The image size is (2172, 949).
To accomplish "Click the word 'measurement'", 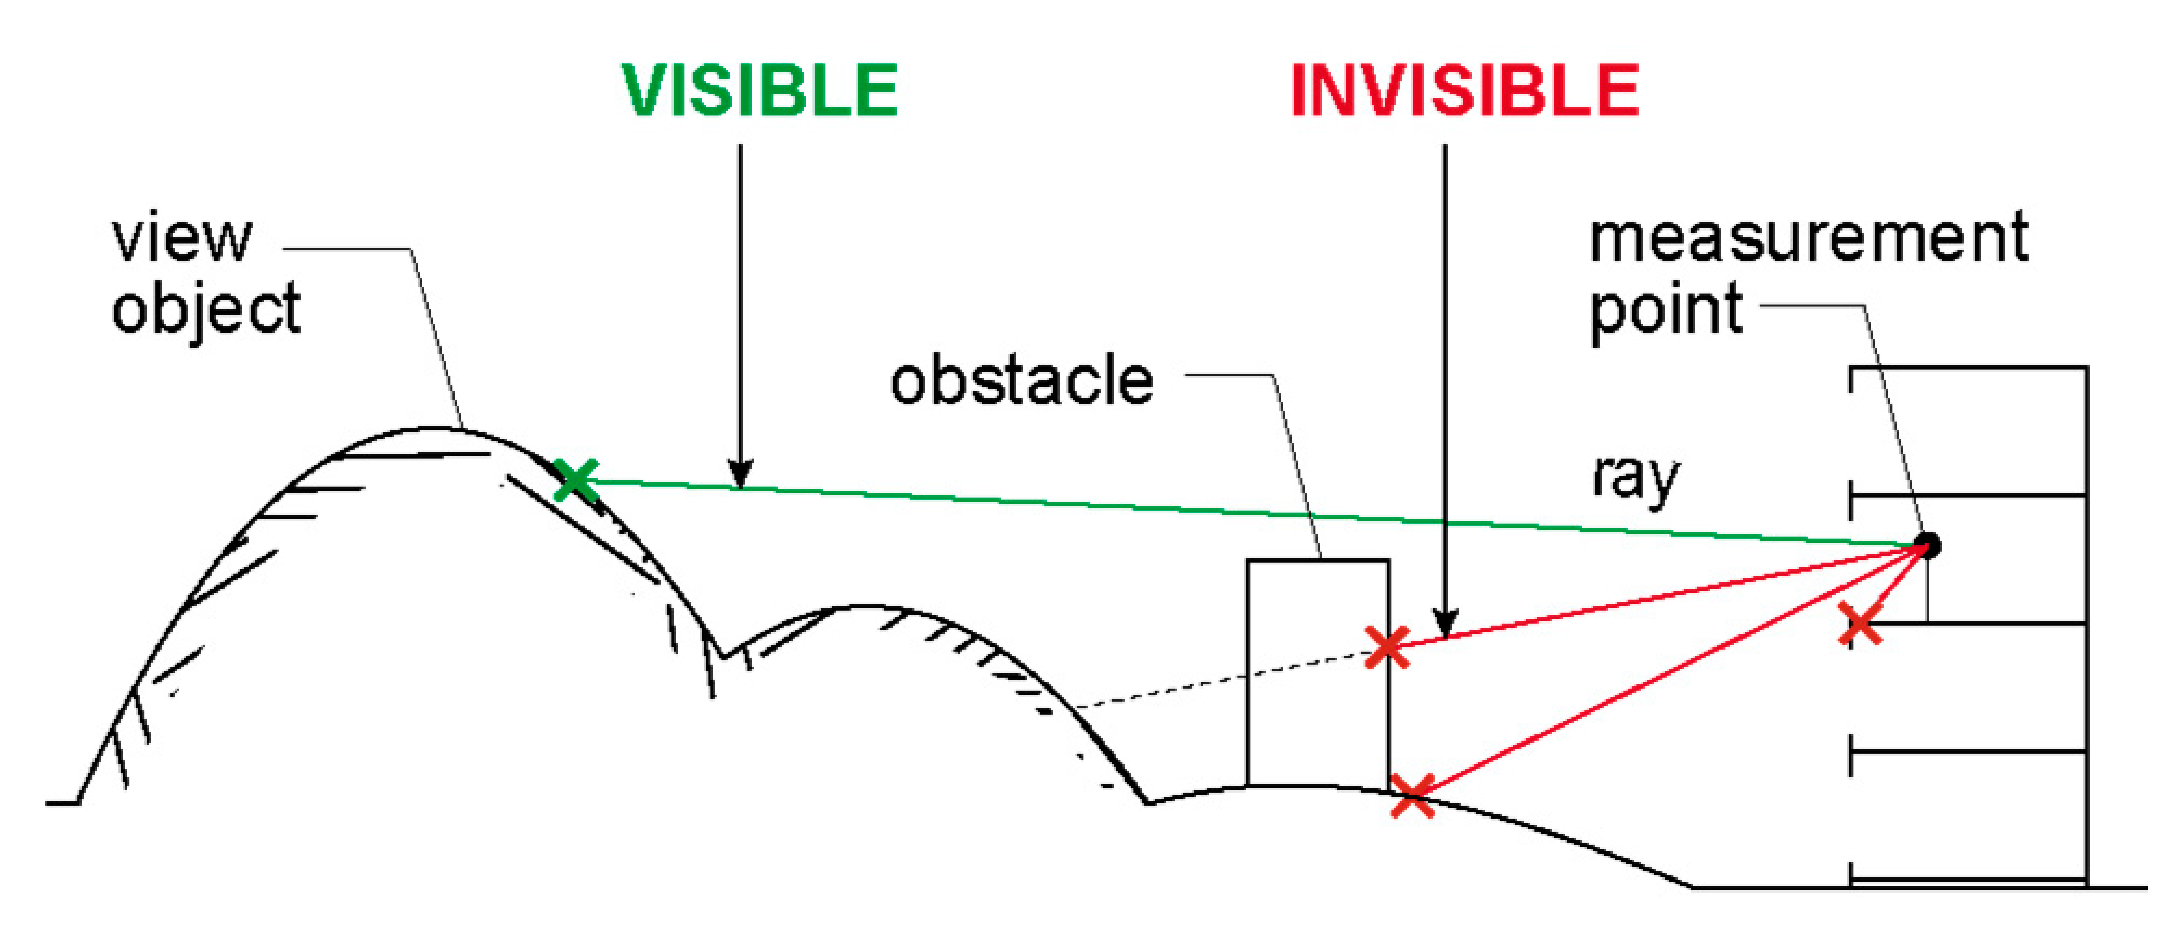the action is tap(1809, 238).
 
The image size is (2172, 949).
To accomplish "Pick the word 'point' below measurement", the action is tap(1665, 310).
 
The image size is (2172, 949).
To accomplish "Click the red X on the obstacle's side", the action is tap(1387, 647).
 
